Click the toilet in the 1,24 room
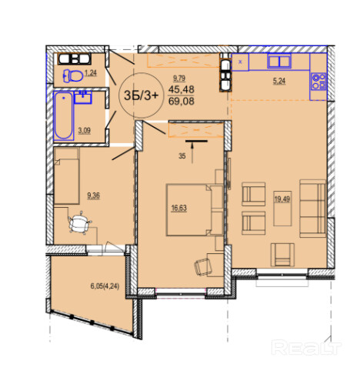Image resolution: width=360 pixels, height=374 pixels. pyautogui.click(x=73, y=76)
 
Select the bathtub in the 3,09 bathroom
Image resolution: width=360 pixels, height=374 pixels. pyautogui.click(x=64, y=115)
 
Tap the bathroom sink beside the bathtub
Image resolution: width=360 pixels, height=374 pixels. pyautogui.click(x=83, y=98)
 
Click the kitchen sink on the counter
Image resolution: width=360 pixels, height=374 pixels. pyautogui.click(x=279, y=61)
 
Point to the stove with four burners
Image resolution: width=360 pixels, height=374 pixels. pyautogui.click(x=318, y=82)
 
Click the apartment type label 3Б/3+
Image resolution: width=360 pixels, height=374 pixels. pyautogui.click(x=142, y=95)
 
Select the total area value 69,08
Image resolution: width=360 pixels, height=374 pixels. pyautogui.click(x=182, y=102)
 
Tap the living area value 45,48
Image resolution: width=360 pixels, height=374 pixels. pyautogui.click(x=182, y=89)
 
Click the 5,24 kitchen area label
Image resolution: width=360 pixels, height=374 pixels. pyautogui.click(x=279, y=81)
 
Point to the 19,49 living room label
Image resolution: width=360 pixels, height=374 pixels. pyautogui.click(x=282, y=199)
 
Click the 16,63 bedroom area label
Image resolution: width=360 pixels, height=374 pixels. pyautogui.click(x=178, y=208)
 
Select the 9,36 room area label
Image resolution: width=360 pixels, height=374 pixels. pyautogui.click(x=93, y=195)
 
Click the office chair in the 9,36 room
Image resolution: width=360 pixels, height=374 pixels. pyautogui.click(x=80, y=222)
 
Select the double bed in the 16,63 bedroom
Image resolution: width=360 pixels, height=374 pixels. pyautogui.click(x=195, y=209)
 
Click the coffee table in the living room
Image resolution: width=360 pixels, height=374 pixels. pyautogui.click(x=282, y=209)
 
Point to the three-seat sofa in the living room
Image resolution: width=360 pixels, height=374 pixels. pyautogui.click(x=313, y=209)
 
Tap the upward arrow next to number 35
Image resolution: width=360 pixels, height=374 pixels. pyautogui.click(x=192, y=153)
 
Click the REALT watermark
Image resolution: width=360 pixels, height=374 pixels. pyautogui.click(x=306, y=347)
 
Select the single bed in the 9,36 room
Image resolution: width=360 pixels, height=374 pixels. pyautogui.click(x=66, y=176)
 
